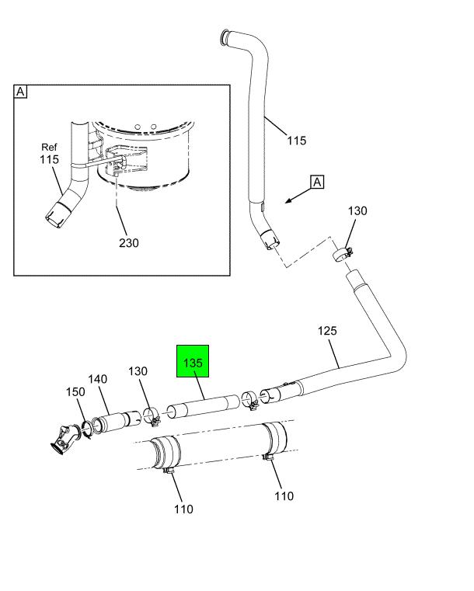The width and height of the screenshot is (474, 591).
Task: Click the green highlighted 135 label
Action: (193, 363)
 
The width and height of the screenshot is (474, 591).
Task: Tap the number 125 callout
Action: (327, 331)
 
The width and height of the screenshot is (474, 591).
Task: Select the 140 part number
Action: (97, 379)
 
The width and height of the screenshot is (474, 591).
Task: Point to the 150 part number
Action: (75, 392)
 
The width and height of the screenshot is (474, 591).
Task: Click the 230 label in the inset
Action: (129, 243)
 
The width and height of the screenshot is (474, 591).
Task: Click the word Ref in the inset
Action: (50, 147)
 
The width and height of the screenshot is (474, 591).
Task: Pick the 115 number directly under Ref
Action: (50, 159)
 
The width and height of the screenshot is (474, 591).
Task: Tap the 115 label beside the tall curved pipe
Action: (296, 141)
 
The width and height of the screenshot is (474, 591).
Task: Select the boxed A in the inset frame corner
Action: (20, 92)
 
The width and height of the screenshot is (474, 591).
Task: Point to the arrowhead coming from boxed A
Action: (288, 201)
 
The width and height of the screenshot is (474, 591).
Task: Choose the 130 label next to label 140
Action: (138, 372)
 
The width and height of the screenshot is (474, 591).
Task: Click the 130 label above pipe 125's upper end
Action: (357, 211)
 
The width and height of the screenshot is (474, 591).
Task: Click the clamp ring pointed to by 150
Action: (88, 427)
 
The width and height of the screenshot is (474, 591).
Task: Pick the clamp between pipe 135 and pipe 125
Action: (249, 399)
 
